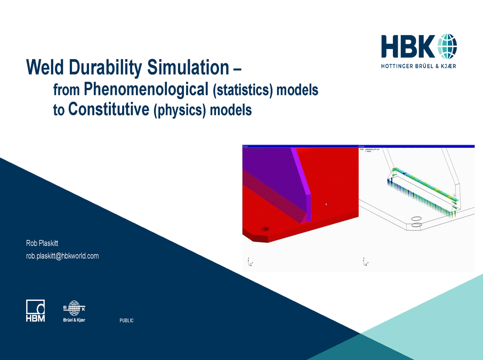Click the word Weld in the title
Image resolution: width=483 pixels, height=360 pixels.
pyautogui.click(x=45, y=68)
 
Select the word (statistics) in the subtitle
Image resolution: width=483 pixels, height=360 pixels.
pyautogui.click(x=243, y=90)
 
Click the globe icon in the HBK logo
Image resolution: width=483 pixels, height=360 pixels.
pyautogui.click(x=447, y=47)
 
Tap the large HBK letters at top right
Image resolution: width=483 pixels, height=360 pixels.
pyautogui.click(x=408, y=47)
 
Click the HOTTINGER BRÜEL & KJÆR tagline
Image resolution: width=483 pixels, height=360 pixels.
pyautogui.click(x=418, y=66)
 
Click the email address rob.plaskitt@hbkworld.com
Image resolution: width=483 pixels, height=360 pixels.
pyautogui.click(x=62, y=256)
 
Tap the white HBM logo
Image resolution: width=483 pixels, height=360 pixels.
pyautogui.click(x=36, y=311)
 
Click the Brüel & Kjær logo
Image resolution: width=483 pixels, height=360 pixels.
pyautogui.click(x=74, y=311)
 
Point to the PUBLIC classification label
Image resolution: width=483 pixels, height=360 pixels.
pyautogui.click(x=126, y=321)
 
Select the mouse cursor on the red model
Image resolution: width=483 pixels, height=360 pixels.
pyautogui.click(x=326, y=204)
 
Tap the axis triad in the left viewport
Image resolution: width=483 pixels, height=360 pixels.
pyautogui.click(x=249, y=261)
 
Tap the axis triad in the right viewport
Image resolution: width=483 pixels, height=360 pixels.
pyautogui.click(x=364, y=261)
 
